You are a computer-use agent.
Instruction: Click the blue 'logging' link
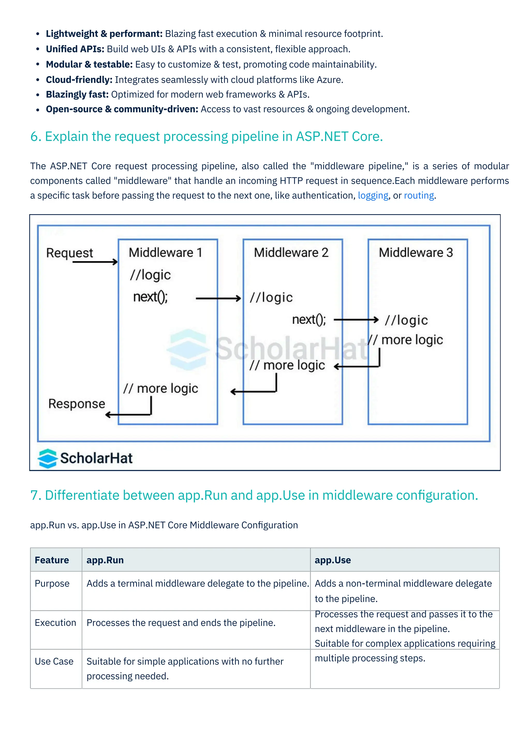coord(373,196)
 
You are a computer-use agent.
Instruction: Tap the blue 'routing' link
coord(419,196)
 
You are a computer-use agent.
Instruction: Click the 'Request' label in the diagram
coord(70,253)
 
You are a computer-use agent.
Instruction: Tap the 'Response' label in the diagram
coord(77,404)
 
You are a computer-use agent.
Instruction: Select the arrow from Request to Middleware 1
coord(95,262)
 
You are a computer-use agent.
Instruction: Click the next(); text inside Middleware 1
coord(150,297)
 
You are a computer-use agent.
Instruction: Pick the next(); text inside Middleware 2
coord(309,320)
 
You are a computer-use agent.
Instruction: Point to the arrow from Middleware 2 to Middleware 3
coord(356,320)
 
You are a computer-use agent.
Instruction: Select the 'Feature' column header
coord(52,560)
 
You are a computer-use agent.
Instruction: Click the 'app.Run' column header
coord(105,560)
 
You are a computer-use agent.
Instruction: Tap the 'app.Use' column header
coord(333,560)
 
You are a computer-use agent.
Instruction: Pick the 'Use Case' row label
coord(54,661)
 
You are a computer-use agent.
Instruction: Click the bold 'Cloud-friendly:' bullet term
coord(79,80)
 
